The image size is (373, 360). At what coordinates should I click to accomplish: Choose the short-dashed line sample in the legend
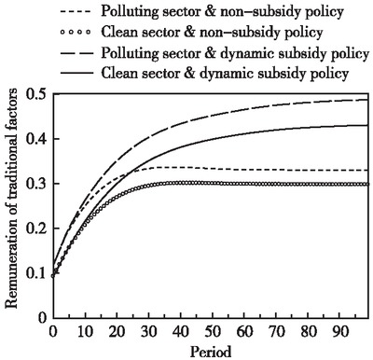click(x=79, y=11)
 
